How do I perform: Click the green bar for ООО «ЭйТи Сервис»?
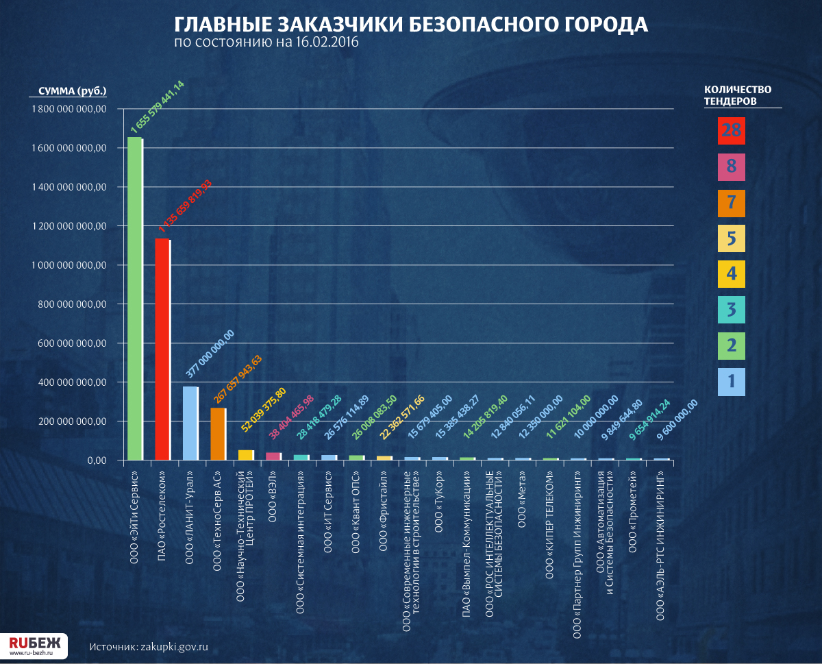135,298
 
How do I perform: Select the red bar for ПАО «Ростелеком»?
162,349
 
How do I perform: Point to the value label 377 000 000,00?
210,354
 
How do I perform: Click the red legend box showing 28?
731,131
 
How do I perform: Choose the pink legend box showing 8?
731,167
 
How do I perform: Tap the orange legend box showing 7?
731,203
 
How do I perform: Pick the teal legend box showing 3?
731,310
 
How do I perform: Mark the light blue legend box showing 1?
731,382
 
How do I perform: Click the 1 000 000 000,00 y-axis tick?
68,265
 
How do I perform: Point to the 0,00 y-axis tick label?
94,460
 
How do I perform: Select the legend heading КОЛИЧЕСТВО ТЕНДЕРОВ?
738,95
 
